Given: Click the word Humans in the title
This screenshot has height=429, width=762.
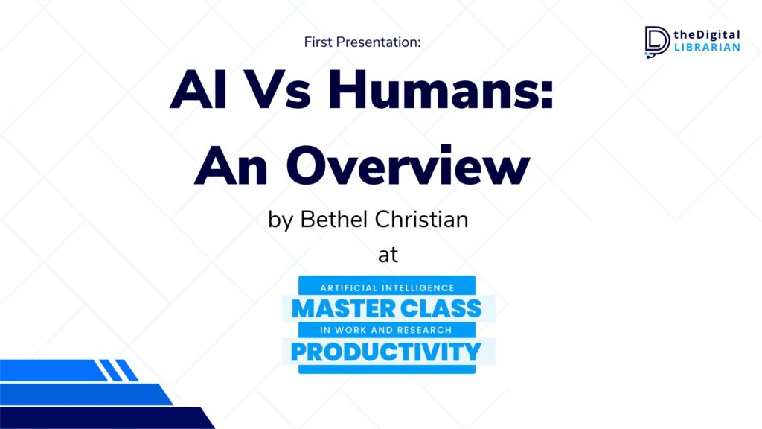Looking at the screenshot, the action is click(x=441, y=90).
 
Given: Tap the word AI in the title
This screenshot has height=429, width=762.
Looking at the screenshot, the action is click(x=198, y=90).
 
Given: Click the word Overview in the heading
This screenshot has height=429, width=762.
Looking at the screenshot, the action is click(x=407, y=165).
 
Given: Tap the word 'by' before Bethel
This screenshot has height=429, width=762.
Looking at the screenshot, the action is click(x=281, y=220).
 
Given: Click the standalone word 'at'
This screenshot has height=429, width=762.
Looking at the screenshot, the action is click(x=388, y=255).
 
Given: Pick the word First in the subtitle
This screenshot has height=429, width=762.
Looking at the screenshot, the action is click(x=318, y=42).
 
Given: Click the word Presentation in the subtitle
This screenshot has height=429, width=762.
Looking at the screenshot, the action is click(x=378, y=42).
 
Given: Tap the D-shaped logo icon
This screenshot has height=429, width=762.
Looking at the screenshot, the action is click(x=657, y=42).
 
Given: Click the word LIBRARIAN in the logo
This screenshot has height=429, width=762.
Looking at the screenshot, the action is click(x=707, y=47).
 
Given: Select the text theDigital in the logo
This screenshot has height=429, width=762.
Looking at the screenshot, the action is click(x=707, y=34).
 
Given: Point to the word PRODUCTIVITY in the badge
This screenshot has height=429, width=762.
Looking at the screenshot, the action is click(x=386, y=352).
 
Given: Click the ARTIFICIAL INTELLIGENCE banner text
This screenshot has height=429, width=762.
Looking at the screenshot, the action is click(x=387, y=288).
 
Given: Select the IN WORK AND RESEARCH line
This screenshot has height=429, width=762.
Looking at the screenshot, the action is click(x=386, y=330).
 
